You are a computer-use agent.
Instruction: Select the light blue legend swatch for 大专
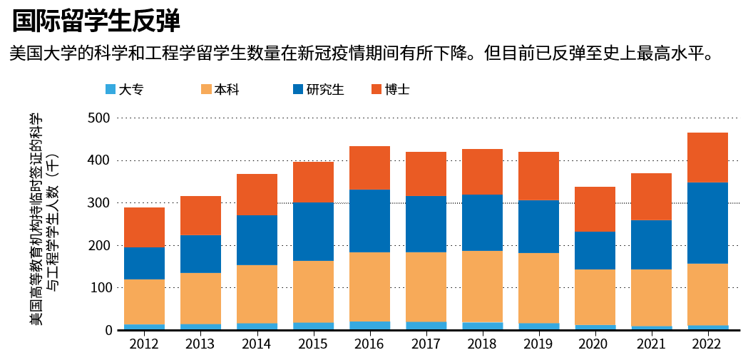coord(111,89)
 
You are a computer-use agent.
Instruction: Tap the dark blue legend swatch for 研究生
coord(298,89)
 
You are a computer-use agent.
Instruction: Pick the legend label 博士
coord(397,89)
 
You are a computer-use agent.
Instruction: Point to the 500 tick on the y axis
coord(99,118)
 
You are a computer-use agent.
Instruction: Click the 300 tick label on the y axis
coord(99,203)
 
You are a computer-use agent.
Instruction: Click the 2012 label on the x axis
coord(144,344)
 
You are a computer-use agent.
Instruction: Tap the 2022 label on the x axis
coord(707,344)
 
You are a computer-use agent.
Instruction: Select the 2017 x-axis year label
coord(426,344)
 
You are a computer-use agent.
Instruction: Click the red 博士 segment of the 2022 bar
coord(707,158)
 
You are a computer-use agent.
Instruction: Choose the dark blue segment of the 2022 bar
coord(707,223)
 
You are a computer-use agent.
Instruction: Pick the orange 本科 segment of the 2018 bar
coord(482,287)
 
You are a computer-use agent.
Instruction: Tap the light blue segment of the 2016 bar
coord(369,326)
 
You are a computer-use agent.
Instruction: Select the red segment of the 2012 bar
coord(144,227)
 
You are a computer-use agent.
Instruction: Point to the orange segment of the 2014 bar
coord(257,294)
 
